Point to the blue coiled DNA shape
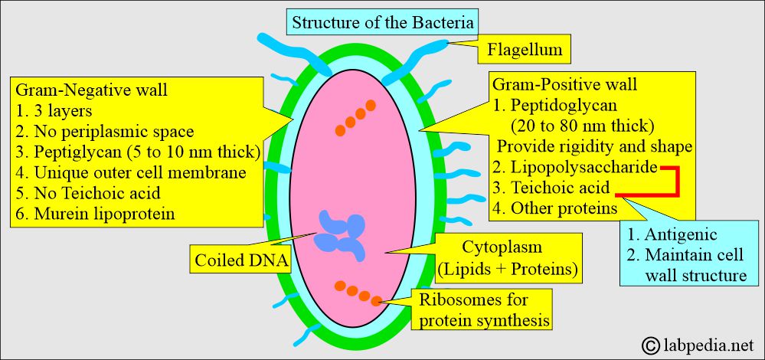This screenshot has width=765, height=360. [x=343, y=232]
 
